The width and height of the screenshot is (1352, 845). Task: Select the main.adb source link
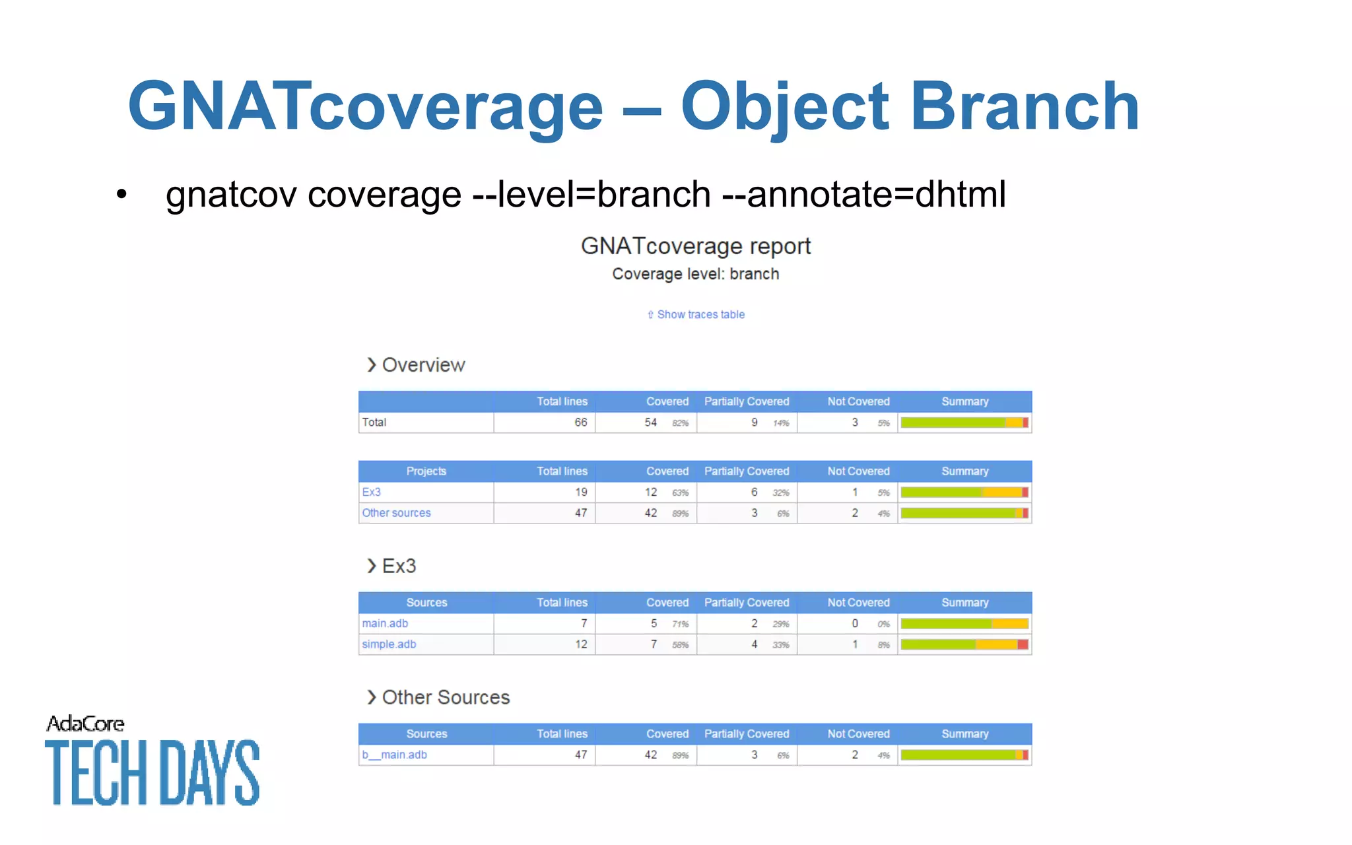coord(385,623)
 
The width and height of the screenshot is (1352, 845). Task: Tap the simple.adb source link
coord(389,644)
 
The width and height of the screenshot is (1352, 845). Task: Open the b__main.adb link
coord(394,755)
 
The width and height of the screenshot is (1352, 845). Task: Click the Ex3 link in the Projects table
coord(371,492)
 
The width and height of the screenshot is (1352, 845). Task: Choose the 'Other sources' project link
coord(396,513)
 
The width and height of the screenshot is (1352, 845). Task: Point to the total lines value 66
coord(580,422)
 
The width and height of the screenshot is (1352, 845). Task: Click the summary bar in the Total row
coord(964,422)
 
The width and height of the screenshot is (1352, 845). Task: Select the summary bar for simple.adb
coord(964,644)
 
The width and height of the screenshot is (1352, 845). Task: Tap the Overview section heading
coord(422,365)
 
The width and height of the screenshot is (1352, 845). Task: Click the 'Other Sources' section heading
coord(445,698)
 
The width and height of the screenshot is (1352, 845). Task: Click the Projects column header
coord(426,471)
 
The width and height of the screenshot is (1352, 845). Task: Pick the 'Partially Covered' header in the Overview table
coord(746,401)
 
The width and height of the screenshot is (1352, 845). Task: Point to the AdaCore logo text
coord(85,724)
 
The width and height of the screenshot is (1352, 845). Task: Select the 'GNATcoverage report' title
coord(695,246)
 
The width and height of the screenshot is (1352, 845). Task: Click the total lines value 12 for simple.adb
coord(580,644)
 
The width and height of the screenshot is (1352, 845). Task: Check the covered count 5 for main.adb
coord(653,623)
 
